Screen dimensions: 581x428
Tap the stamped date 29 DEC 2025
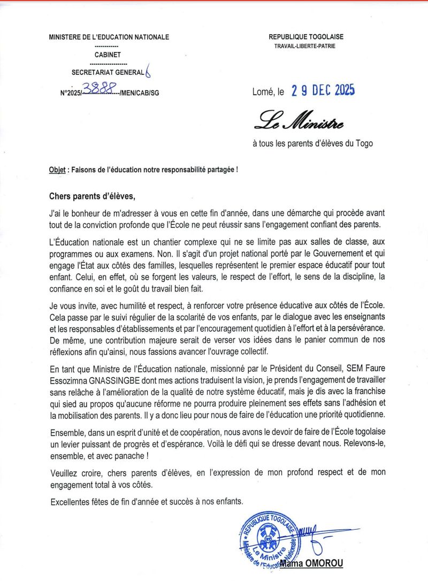(x=323, y=91)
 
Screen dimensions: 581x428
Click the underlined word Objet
(x=57, y=170)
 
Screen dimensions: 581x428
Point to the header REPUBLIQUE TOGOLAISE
(x=306, y=37)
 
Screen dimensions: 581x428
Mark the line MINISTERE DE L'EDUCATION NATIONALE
(x=109, y=37)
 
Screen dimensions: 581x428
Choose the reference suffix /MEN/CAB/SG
(x=140, y=93)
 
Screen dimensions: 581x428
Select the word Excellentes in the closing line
(x=71, y=501)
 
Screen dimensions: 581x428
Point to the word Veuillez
(x=64, y=473)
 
